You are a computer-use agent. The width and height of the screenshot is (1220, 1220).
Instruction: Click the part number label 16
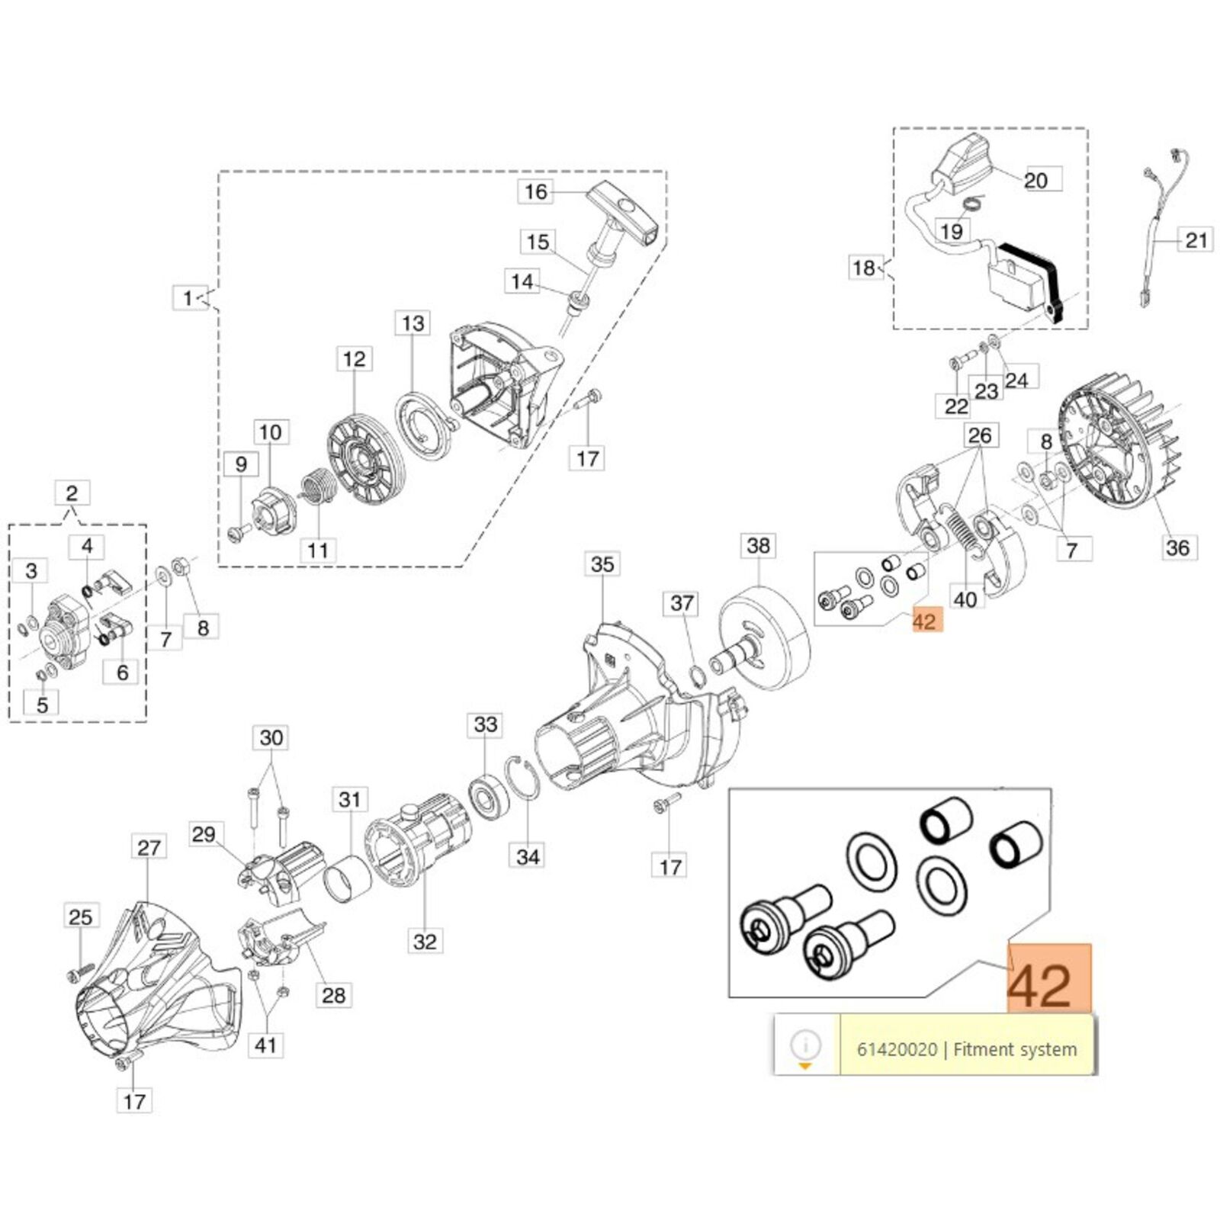coord(536,191)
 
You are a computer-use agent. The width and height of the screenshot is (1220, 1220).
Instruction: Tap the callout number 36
coord(1177,547)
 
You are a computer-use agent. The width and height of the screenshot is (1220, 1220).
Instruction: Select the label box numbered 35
coord(602,564)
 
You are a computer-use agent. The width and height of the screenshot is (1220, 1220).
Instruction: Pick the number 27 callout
coord(149,847)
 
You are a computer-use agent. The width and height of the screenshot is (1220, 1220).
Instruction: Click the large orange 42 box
coord(1049,978)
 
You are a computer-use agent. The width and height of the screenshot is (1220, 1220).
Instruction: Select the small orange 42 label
coord(924,621)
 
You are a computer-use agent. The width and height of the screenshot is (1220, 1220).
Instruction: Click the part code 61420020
coord(897,1049)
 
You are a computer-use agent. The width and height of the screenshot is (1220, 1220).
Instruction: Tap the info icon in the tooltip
coord(806,1043)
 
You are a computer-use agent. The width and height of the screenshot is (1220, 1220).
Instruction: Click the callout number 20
coord(1035,181)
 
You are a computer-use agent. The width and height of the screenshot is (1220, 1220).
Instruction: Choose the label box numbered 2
coord(72,493)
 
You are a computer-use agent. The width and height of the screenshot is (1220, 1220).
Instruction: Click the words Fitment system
coord(1015,1049)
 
